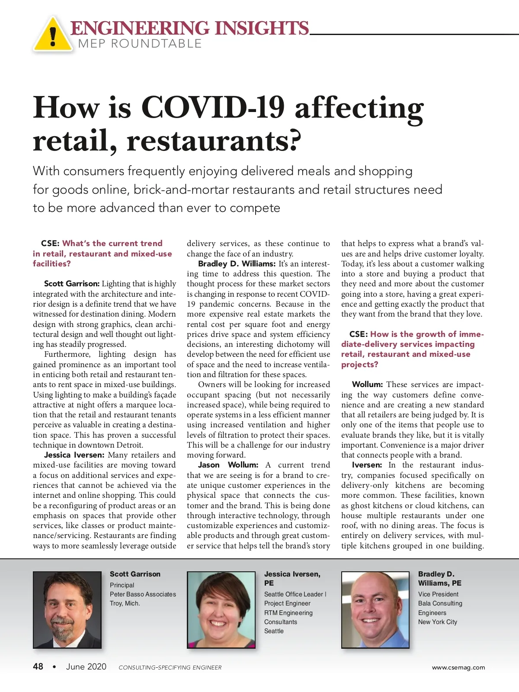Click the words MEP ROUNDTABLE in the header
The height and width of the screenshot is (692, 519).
pyautogui.click(x=140, y=44)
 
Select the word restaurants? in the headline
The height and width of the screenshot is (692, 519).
pyautogui.click(x=214, y=141)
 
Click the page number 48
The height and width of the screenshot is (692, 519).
pyautogui.click(x=38, y=666)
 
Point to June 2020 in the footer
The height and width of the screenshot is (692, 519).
pyautogui.click(x=86, y=666)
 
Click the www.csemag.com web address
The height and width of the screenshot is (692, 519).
pyautogui.click(x=458, y=667)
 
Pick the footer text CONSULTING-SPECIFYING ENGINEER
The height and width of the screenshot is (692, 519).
pyautogui.click(x=170, y=667)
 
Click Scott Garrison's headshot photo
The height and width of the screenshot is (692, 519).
pyautogui.click(x=67, y=610)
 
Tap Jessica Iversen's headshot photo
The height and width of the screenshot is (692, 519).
pyautogui.click(x=221, y=610)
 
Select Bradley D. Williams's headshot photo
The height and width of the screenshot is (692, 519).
pyautogui.click(x=375, y=610)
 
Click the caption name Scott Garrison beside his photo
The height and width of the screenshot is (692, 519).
pyautogui.click(x=135, y=574)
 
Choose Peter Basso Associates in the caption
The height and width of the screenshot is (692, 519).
pyautogui.click(x=143, y=594)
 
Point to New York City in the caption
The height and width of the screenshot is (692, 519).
pyautogui.click(x=437, y=622)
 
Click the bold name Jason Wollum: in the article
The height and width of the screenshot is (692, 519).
pyautogui.click(x=228, y=465)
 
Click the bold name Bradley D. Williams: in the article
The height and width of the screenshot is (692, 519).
pyautogui.click(x=237, y=264)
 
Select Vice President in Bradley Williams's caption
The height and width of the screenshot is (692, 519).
pyautogui.click(x=438, y=594)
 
